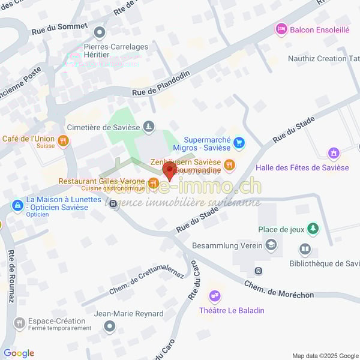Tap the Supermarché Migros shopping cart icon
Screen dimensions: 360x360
239,142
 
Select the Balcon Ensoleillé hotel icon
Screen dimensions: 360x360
281,28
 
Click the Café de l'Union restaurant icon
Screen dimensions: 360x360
63,140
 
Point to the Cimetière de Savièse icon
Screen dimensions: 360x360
149,127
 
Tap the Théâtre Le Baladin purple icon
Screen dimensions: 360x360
214,296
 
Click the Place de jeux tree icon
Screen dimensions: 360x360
312,229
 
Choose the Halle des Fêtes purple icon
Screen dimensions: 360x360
334,154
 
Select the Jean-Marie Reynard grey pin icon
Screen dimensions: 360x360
109,326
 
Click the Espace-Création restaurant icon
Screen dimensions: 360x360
19,323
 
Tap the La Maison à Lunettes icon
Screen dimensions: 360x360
18,206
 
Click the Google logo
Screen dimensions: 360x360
19,353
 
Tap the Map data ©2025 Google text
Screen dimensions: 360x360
324,355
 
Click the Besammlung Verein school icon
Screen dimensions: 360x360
271,245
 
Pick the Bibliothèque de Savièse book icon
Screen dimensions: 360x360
305,248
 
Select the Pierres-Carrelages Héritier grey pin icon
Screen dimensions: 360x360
100,32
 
